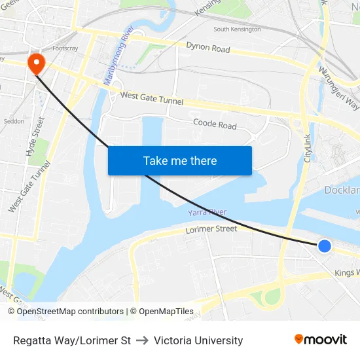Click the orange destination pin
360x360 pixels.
pyautogui.click(x=35, y=63)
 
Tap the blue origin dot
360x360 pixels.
pyautogui.click(x=324, y=245)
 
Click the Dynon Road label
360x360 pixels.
pyautogui.click(x=208, y=48)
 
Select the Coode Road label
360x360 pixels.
pyautogui.click(x=215, y=124)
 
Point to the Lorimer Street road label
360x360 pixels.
pyautogui.click(x=211, y=229)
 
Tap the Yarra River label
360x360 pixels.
pyautogui.click(x=207, y=212)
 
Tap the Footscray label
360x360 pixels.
pyautogui.click(x=65, y=48)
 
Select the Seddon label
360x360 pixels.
pyautogui.click(x=13, y=122)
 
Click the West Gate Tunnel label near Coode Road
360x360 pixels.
pyautogui.click(x=152, y=99)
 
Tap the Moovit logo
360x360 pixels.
pyautogui.click(x=320, y=340)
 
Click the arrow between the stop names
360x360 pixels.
pyautogui.click(x=143, y=340)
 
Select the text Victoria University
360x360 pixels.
pyautogui.click(x=198, y=340)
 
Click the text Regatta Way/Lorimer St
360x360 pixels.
pyautogui.click(x=72, y=340)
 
